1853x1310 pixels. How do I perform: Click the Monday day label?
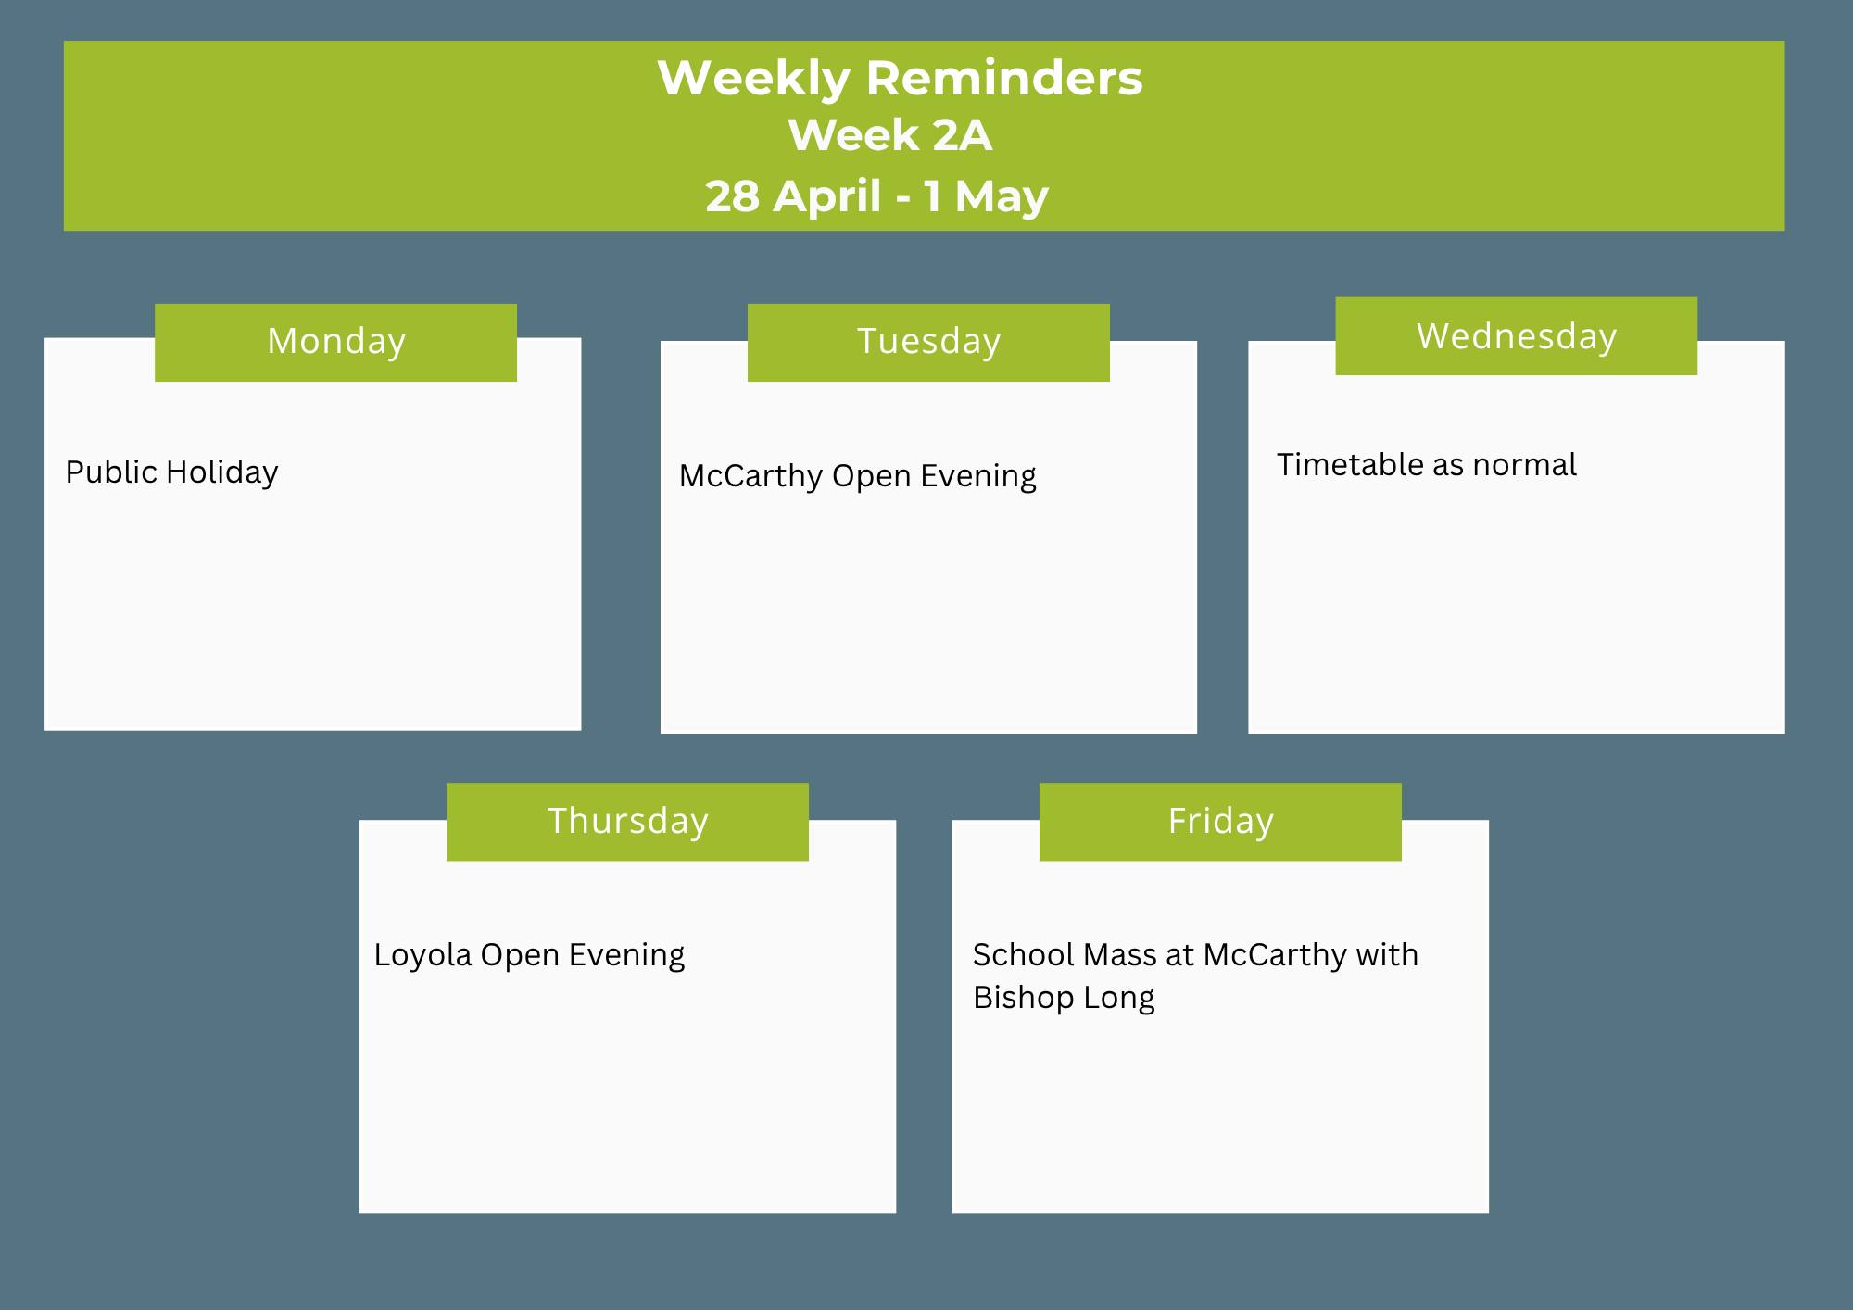[336, 342]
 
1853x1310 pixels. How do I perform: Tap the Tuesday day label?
[928, 342]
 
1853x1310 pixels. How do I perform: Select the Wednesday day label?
[1517, 336]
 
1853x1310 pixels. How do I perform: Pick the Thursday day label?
[628, 822]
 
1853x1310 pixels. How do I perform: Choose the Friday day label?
[1220, 822]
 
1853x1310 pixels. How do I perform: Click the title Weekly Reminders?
[900, 78]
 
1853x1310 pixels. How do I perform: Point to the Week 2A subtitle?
[890, 135]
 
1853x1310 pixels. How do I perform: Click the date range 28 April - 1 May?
[876, 196]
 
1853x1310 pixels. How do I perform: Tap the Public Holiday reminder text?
[171, 472]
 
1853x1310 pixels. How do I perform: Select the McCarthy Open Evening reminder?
[858, 476]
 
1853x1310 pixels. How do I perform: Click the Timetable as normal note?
[1427, 464]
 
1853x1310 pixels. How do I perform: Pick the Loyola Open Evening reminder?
[529, 955]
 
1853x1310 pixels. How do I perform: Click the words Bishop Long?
[1064, 998]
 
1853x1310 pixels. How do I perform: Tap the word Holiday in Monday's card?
[222, 472]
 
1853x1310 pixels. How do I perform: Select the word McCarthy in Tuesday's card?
[751, 476]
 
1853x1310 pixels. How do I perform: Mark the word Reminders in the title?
[1004, 78]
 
